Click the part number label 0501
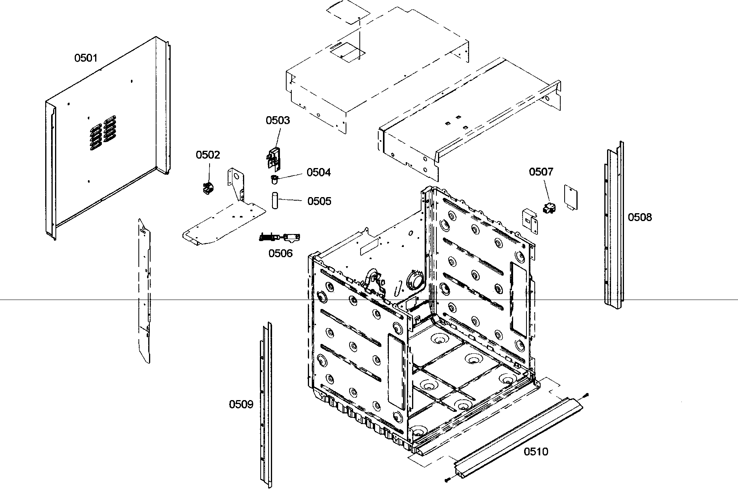pos(86,58)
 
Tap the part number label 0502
pos(208,155)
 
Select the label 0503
pos(278,120)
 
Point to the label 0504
pos(318,172)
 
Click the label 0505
pos(319,201)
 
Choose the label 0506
pos(280,253)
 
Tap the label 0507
pos(541,172)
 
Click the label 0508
pos(639,217)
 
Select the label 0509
pos(241,404)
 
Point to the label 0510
pos(536,452)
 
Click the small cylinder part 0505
pos(274,200)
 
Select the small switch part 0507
pos(549,208)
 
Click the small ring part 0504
pos(274,179)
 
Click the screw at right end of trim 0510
pos(585,395)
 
